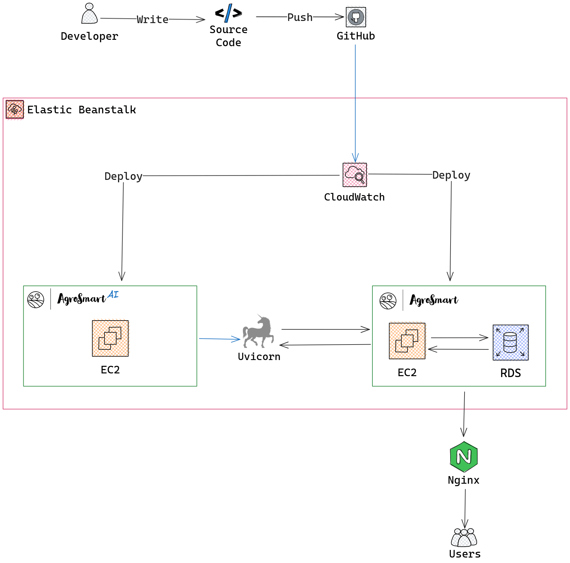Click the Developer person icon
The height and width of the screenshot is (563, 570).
[89, 14]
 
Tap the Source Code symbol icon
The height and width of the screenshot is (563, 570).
[228, 13]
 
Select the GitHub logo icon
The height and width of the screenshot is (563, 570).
[356, 17]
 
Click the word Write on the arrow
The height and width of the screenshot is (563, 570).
[152, 19]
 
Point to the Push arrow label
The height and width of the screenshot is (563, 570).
[300, 17]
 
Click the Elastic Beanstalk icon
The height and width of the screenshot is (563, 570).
[15, 109]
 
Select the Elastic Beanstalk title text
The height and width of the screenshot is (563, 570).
[81, 110]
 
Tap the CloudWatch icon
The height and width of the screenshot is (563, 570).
[355, 175]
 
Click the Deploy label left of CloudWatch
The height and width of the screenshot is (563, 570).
[123, 176]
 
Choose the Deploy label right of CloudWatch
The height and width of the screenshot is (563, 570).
[451, 175]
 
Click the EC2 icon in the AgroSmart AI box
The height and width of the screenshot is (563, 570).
[110, 338]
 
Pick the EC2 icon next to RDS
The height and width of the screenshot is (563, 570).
[407, 341]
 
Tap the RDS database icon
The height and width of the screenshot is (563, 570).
[510, 342]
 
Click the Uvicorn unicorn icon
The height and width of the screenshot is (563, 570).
[258, 331]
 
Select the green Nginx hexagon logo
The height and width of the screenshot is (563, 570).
[464, 457]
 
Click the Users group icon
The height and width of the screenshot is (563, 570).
[464, 537]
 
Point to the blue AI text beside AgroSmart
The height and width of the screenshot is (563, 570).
[113, 294]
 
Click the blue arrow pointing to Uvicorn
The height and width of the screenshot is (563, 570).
[219, 339]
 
